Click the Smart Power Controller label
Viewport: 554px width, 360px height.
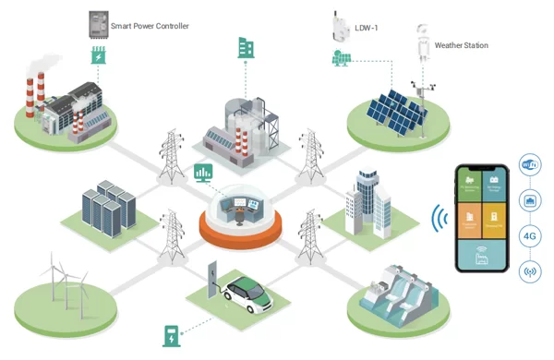[150, 27]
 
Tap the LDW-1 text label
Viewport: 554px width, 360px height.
[367, 28]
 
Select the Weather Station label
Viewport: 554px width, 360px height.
[461, 45]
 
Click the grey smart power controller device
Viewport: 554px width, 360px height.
[97, 24]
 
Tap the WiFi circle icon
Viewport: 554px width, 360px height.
[530, 165]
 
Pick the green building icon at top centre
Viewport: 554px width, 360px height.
[246, 48]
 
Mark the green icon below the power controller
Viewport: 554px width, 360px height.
[98, 57]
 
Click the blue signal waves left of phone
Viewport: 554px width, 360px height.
[440, 219]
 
